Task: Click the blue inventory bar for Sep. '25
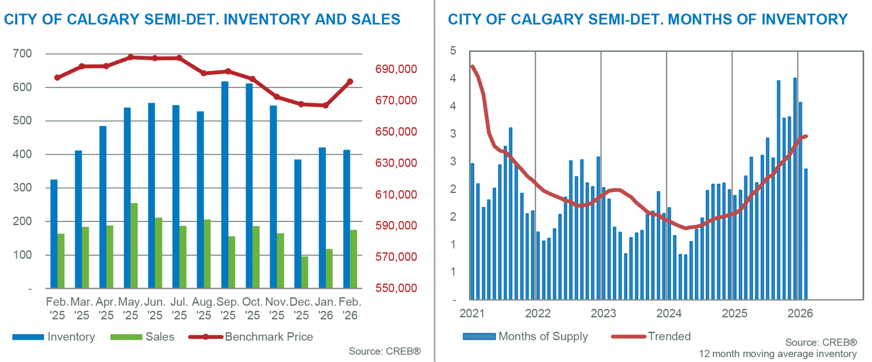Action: click(225, 185)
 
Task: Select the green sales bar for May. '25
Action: click(134, 245)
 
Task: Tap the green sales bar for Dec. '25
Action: click(305, 272)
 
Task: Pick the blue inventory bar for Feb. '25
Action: click(54, 233)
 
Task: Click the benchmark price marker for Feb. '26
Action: click(350, 82)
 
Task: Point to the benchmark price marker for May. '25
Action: click(130, 57)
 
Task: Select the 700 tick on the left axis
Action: click(22, 53)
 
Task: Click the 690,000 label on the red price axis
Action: click(396, 69)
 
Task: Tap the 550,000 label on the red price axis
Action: click(396, 288)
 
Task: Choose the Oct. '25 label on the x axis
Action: click(252, 309)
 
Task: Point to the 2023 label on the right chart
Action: click(603, 313)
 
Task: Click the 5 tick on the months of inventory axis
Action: click(453, 51)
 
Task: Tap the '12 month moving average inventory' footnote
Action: click(778, 354)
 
